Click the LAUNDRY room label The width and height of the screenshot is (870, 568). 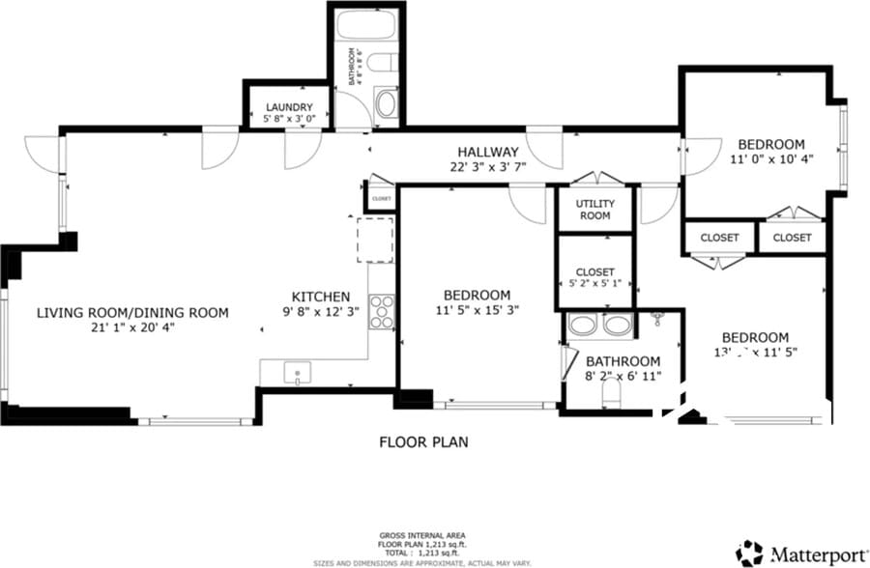(x=288, y=106)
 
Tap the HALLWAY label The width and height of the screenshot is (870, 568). (x=488, y=152)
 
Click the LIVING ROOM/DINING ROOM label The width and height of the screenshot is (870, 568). (x=132, y=312)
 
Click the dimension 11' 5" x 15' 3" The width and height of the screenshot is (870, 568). (x=477, y=311)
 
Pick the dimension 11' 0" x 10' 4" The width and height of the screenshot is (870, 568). (x=770, y=159)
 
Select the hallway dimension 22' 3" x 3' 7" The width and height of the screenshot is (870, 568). (x=488, y=166)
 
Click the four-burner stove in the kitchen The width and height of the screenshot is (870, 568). (x=382, y=312)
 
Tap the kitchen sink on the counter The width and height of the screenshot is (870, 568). (x=297, y=372)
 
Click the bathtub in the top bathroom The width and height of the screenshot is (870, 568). (x=366, y=24)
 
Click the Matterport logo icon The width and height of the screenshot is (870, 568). (x=749, y=554)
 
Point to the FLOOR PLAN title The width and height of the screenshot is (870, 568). (x=422, y=442)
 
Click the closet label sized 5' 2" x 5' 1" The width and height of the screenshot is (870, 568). (x=594, y=278)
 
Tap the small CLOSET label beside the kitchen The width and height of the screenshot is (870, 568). (x=381, y=199)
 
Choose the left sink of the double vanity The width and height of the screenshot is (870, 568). (x=582, y=325)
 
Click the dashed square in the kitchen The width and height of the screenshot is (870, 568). (x=376, y=240)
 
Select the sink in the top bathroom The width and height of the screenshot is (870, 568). (x=386, y=103)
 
